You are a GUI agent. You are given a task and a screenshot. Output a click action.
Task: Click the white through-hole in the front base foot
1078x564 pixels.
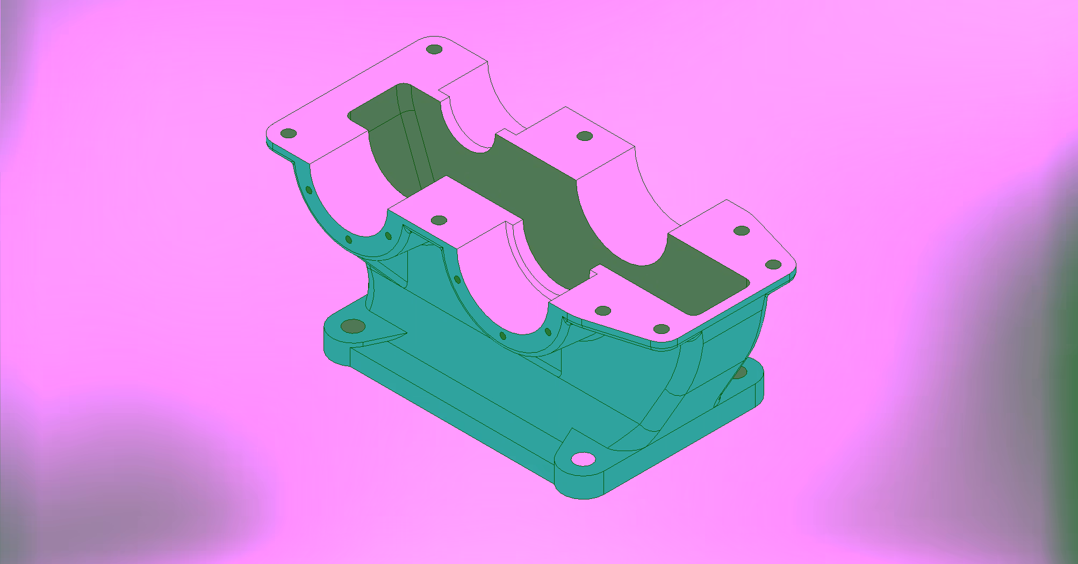[x=583, y=459]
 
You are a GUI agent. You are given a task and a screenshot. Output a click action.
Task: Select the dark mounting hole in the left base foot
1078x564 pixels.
[x=353, y=326]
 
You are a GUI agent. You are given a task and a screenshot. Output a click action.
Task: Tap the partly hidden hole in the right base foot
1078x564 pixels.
[x=740, y=372]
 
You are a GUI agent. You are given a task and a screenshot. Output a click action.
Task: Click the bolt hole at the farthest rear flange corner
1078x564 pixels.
[x=434, y=49]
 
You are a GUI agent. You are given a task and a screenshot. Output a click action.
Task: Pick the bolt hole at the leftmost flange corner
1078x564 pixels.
[x=289, y=133]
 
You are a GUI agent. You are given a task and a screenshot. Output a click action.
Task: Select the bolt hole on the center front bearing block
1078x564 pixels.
[x=439, y=220]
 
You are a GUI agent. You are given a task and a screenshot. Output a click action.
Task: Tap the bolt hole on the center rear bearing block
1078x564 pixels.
[x=585, y=136]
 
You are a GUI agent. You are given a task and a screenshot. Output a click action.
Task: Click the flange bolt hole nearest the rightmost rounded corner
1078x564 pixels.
[x=773, y=265]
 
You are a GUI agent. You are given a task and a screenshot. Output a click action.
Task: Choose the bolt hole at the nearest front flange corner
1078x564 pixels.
[x=661, y=329]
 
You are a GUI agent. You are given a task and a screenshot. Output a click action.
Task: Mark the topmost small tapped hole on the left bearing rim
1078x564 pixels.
[x=309, y=190]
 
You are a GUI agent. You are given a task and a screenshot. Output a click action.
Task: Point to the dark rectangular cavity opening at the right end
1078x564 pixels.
[x=715, y=280]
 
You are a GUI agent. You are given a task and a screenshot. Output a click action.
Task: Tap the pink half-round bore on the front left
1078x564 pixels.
[x=344, y=199]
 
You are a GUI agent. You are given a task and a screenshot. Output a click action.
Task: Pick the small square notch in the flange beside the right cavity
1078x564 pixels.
[x=594, y=273]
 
